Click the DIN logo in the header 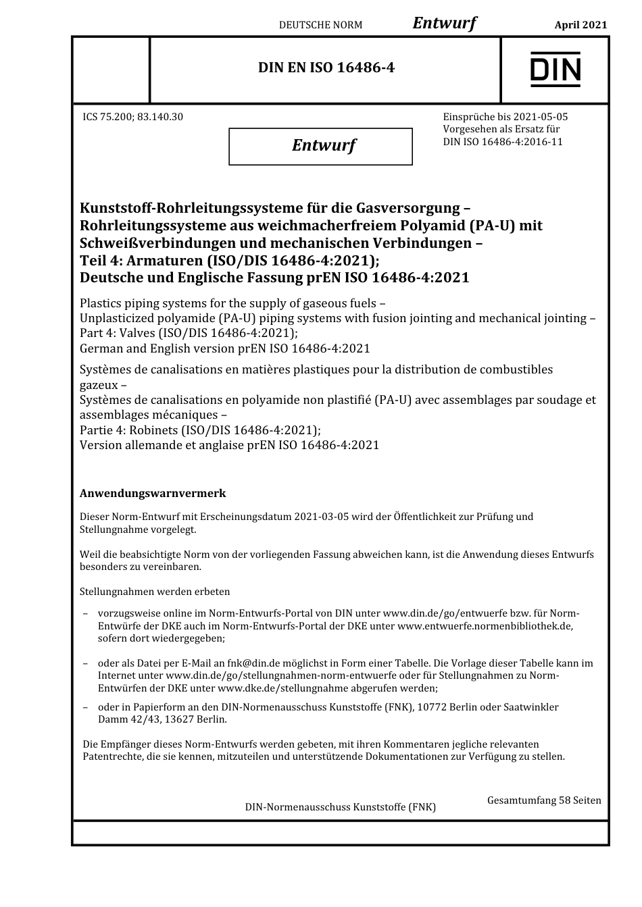(x=555, y=69)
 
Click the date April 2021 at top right (x=581, y=25)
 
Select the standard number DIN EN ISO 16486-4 (x=326, y=68)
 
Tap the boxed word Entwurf (x=323, y=145)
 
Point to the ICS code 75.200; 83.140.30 (x=132, y=117)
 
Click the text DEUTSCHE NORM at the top (x=320, y=25)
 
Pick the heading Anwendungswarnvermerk (x=153, y=494)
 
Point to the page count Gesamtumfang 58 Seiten (x=544, y=800)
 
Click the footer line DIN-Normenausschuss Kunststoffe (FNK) (x=340, y=807)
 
